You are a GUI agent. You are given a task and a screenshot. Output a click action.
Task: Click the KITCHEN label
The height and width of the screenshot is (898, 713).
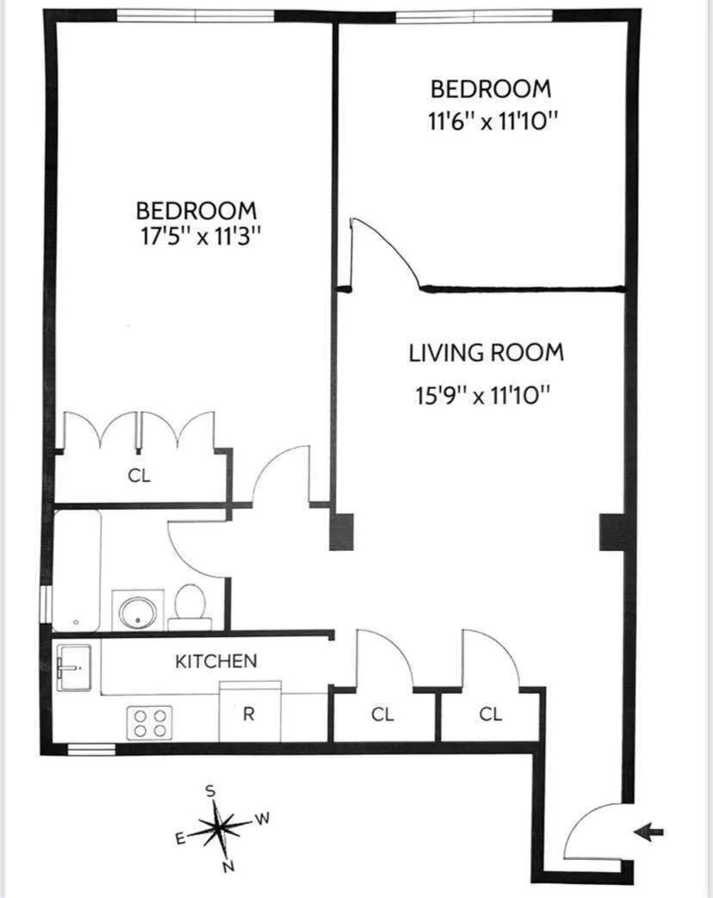[216, 661]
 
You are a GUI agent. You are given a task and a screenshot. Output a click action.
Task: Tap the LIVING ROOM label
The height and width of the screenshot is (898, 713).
[486, 352]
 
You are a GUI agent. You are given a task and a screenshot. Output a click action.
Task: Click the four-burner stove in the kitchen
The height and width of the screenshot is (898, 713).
[151, 721]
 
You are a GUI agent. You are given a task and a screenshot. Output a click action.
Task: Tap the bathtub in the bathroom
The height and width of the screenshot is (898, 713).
[77, 572]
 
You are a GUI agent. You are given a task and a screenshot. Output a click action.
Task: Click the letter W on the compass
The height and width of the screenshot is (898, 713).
[263, 820]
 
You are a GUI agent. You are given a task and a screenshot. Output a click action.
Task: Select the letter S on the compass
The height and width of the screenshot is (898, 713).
[209, 790]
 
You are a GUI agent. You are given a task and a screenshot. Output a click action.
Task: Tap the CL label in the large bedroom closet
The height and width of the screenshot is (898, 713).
[139, 476]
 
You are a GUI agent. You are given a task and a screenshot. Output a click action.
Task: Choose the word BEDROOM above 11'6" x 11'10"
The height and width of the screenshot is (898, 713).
[490, 89]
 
